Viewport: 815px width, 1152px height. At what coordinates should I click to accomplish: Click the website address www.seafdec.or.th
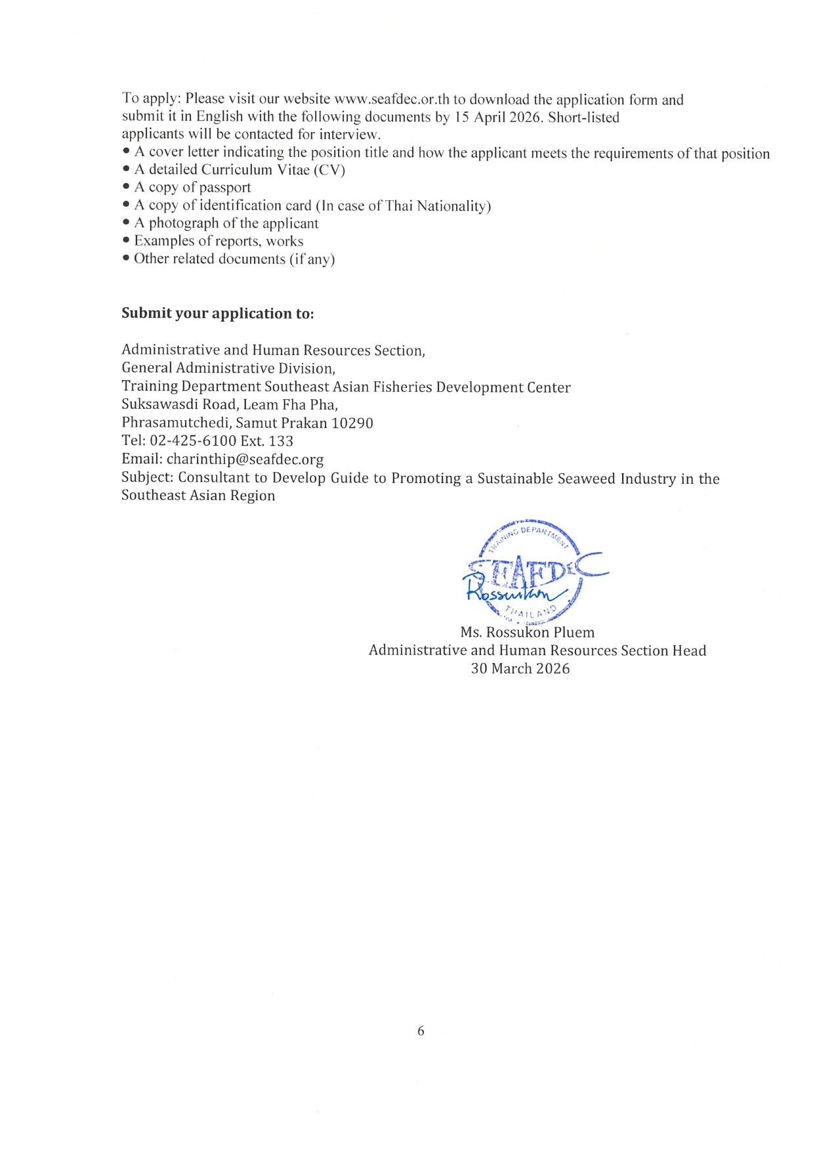click(x=392, y=100)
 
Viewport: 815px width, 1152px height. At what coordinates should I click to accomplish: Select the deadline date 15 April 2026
click(x=498, y=117)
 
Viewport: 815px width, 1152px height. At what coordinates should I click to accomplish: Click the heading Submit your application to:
click(x=218, y=314)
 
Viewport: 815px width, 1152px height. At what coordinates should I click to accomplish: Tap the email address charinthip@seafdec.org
click(x=245, y=459)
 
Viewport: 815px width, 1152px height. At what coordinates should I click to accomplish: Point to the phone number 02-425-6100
click(x=193, y=441)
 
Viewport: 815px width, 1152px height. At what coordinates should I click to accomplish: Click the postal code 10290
click(x=352, y=423)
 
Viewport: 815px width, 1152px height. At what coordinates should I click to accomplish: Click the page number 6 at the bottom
click(x=421, y=1031)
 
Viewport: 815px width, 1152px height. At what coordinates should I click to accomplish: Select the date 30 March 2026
click(x=520, y=669)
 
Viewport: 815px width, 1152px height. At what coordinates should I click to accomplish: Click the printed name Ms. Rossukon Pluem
click(x=528, y=633)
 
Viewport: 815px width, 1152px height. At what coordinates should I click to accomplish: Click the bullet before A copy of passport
click(x=126, y=188)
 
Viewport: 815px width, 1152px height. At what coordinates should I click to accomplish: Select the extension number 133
click(x=280, y=441)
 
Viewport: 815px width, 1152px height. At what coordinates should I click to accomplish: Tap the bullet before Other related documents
click(x=126, y=259)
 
